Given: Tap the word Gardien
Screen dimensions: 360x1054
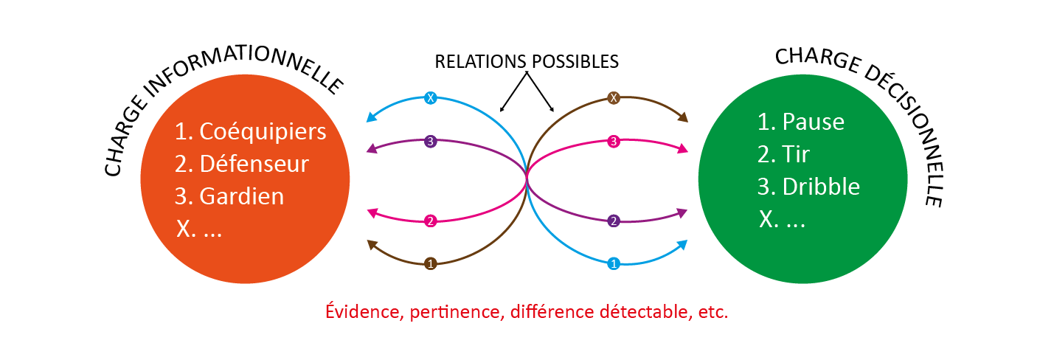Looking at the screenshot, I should coord(242,197).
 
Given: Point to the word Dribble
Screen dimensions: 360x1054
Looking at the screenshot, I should coord(821,186).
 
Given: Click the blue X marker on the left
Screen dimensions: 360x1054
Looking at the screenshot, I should coord(431,97).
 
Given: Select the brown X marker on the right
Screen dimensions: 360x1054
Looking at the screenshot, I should coord(612,97).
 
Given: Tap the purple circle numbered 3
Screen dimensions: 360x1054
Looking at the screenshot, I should coord(431,141).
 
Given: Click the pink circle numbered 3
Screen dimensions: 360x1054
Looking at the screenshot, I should coord(612,141).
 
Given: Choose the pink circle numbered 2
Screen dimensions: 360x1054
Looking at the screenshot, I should coord(431,221).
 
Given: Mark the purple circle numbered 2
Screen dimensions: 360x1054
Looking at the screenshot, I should coord(612,221).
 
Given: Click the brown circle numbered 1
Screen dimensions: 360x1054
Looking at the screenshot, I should coord(431,263).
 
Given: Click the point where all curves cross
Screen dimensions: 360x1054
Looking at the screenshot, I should coord(526,179).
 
